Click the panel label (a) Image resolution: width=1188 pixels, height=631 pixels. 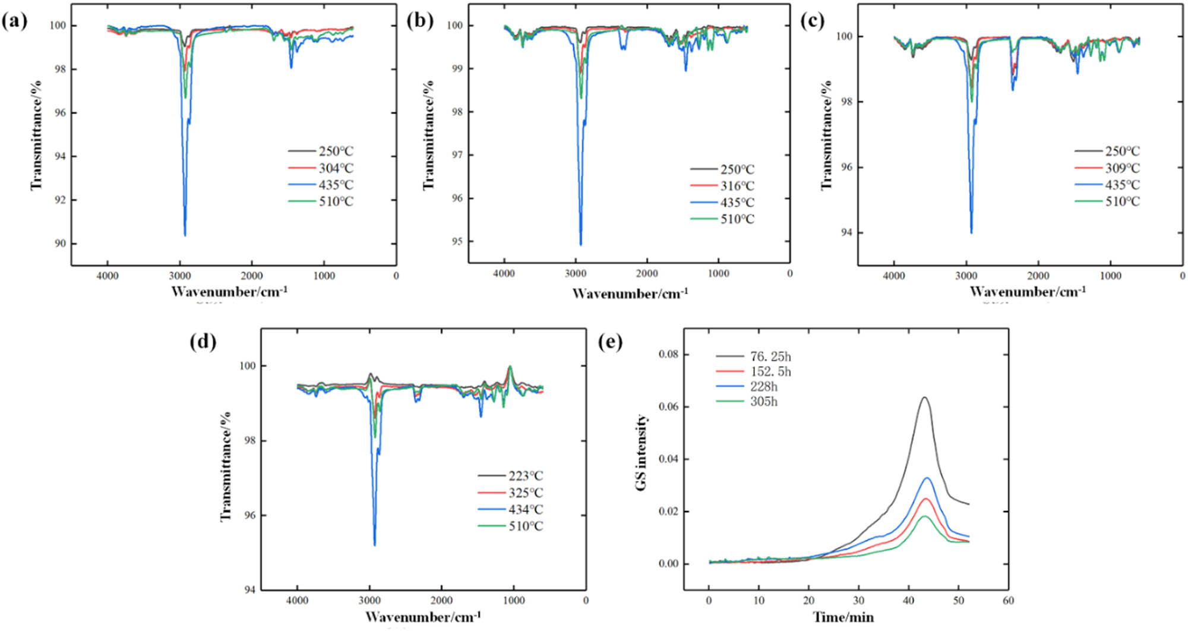coord(14,21)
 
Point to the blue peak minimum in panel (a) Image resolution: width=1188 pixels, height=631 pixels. coord(185,235)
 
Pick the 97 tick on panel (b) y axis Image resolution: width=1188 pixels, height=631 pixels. coord(457,155)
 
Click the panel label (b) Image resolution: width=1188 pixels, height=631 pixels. coord(419,21)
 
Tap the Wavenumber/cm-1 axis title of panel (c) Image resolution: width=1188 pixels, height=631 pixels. coord(1028,292)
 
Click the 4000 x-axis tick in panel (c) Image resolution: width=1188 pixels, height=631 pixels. coord(893,276)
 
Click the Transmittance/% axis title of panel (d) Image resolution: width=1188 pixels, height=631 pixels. coord(226,466)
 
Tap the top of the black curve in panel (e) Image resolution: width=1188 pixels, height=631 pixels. coord(925,397)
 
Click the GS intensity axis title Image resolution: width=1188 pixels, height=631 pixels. coord(641,453)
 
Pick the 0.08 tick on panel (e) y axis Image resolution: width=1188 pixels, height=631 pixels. coord(668,355)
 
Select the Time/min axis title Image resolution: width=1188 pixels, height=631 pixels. coord(843,617)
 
